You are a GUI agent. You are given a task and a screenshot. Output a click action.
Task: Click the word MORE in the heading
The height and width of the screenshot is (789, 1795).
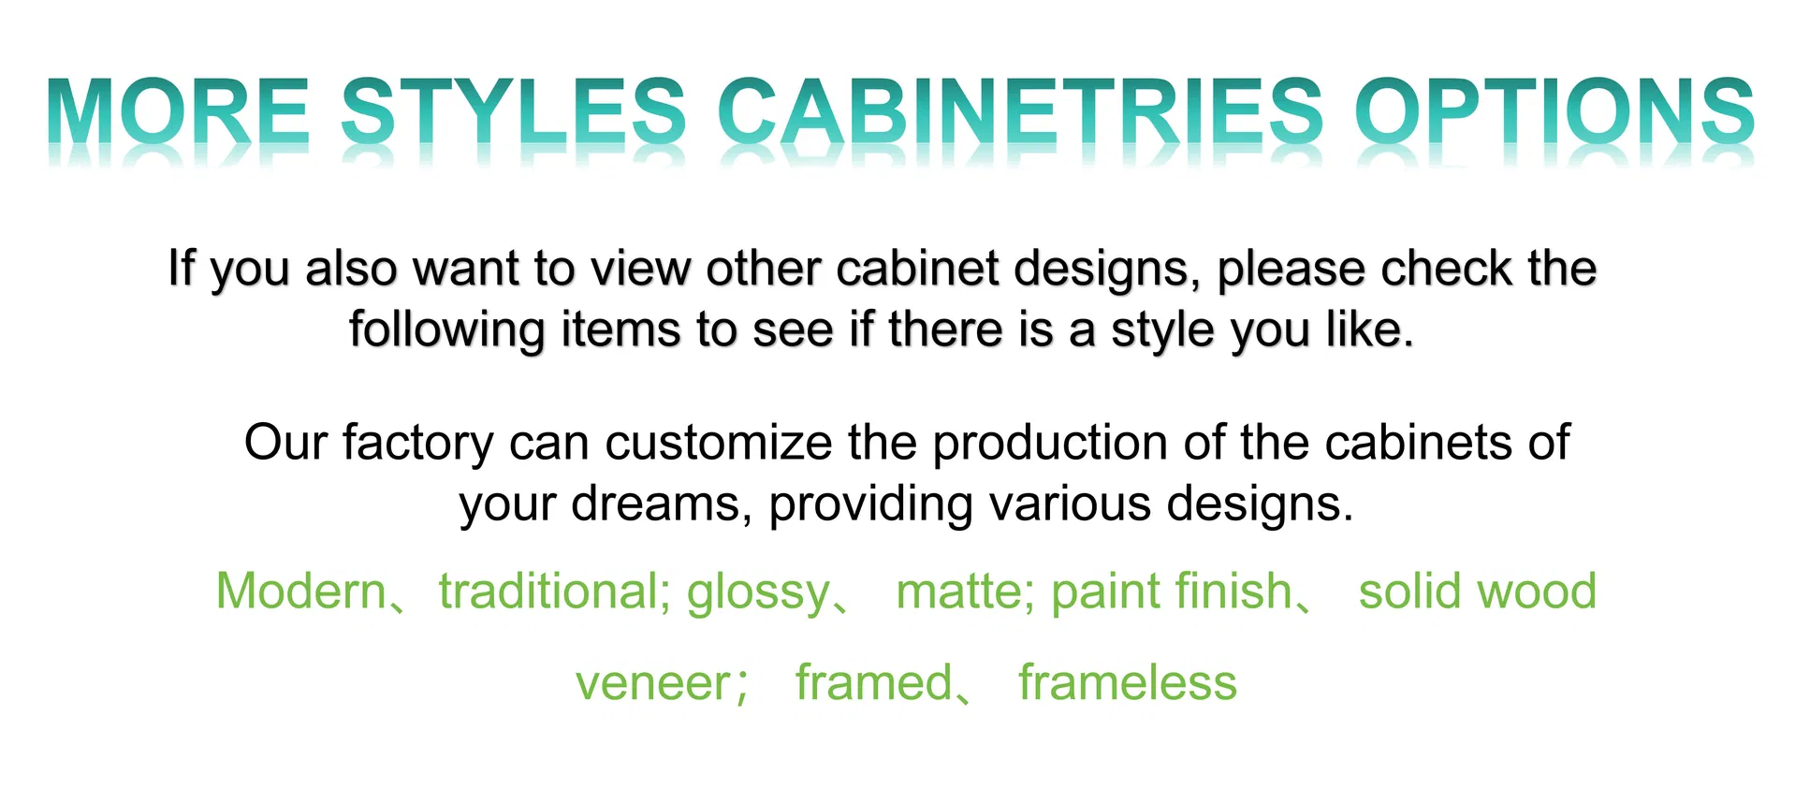click(x=178, y=112)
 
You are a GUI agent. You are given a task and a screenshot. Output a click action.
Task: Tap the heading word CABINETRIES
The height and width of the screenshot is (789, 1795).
click(x=1020, y=112)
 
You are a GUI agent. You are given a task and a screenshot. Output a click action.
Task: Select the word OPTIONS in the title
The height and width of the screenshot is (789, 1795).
click(x=1554, y=112)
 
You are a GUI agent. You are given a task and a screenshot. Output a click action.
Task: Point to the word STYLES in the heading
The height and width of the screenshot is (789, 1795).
click(x=514, y=112)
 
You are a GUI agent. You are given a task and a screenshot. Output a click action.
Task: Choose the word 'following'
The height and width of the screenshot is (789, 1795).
click(x=447, y=330)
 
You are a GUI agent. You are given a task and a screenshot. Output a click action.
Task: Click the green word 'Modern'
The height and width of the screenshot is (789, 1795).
click(x=300, y=592)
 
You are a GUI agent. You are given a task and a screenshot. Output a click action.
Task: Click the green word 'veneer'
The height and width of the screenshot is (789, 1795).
click(x=653, y=683)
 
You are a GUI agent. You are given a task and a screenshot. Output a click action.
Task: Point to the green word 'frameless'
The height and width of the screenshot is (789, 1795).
click(x=1128, y=683)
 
